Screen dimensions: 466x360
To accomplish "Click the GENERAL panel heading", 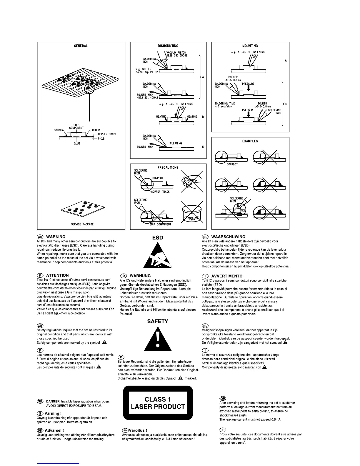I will pyautogui.click(x=81, y=46).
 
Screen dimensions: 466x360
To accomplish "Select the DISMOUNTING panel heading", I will pyautogui.click(x=168, y=46).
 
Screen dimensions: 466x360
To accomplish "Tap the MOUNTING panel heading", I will pyautogui.click(x=250, y=46).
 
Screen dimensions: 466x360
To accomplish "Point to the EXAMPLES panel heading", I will pyautogui.click(x=250, y=141).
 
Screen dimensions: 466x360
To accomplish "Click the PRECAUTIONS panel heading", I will pyautogui.click(x=168, y=167).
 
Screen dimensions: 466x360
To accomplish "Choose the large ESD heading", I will pyautogui.click(x=157, y=238).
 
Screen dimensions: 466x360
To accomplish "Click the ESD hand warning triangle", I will pyautogui.click(x=157, y=255).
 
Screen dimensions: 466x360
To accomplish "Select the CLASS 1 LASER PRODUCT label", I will pyautogui.click(x=158, y=403).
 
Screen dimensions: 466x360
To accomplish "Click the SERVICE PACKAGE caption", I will pyautogui.click(x=82, y=224).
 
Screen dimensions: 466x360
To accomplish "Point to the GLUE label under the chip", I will pyautogui.click(x=77, y=144).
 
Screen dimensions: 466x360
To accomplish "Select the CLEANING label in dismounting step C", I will pyautogui.click(x=176, y=143).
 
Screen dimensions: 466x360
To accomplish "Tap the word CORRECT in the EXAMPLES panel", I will pyautogui.click(x=232, y=164).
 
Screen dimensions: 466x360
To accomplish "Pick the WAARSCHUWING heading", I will pyautogui.click(x=228, y=237).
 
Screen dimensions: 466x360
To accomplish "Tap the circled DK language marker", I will pyautogui.click(x=40, y=430).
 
